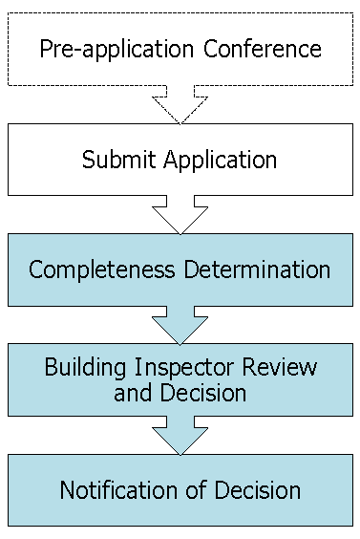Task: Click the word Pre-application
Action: click(x=116, y=50)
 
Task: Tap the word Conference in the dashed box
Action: click(x=263, y=49)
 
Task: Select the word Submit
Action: click(x=118, y=160)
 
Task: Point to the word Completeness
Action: click(x=101, y=270)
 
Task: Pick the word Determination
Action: click(x=257, y=269)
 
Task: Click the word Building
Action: click(x=85, y=369)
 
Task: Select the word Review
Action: click(x=279, y=367)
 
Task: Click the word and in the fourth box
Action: click(x=133, y=393)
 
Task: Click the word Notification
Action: click(x=118, y=490)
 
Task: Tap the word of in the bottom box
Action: click(x=197, y=490)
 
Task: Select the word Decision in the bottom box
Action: click(x=258, y=490)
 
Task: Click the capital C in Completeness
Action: click(x=36, y=269)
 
